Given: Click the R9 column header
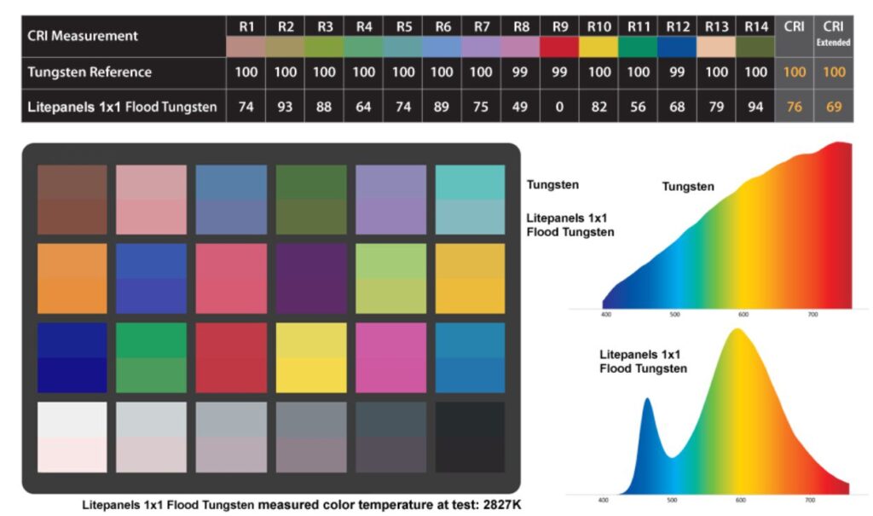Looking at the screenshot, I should (x=560, y=26).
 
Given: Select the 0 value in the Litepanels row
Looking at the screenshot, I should (x=560, y=107).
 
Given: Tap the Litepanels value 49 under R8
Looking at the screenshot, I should (x=520, y=107).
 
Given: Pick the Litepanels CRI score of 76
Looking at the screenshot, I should (x=794, y=107).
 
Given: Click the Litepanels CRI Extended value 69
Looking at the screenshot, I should (x=834, y=107).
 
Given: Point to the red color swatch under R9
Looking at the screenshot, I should (x=560, y=46).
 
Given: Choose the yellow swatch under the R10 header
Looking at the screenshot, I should (x=599, y=46).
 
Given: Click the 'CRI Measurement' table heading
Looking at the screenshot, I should (x=83, y=36).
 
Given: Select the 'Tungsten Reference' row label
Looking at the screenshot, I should (x=90, y=72).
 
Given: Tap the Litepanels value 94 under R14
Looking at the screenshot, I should (x=756, y=107).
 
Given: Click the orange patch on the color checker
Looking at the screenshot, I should (x=72, y=278).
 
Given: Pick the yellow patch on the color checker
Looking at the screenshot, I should (x=311, y=357).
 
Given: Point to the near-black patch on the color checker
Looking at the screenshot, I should (x=470, y=436).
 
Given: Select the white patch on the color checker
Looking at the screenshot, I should (x=72, y=436).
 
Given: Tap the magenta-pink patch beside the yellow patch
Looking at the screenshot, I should (x=390, y=357).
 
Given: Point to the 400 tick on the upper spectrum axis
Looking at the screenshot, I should (x=607, y=314).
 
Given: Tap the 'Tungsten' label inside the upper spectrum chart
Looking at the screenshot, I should (x=688, y=186).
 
